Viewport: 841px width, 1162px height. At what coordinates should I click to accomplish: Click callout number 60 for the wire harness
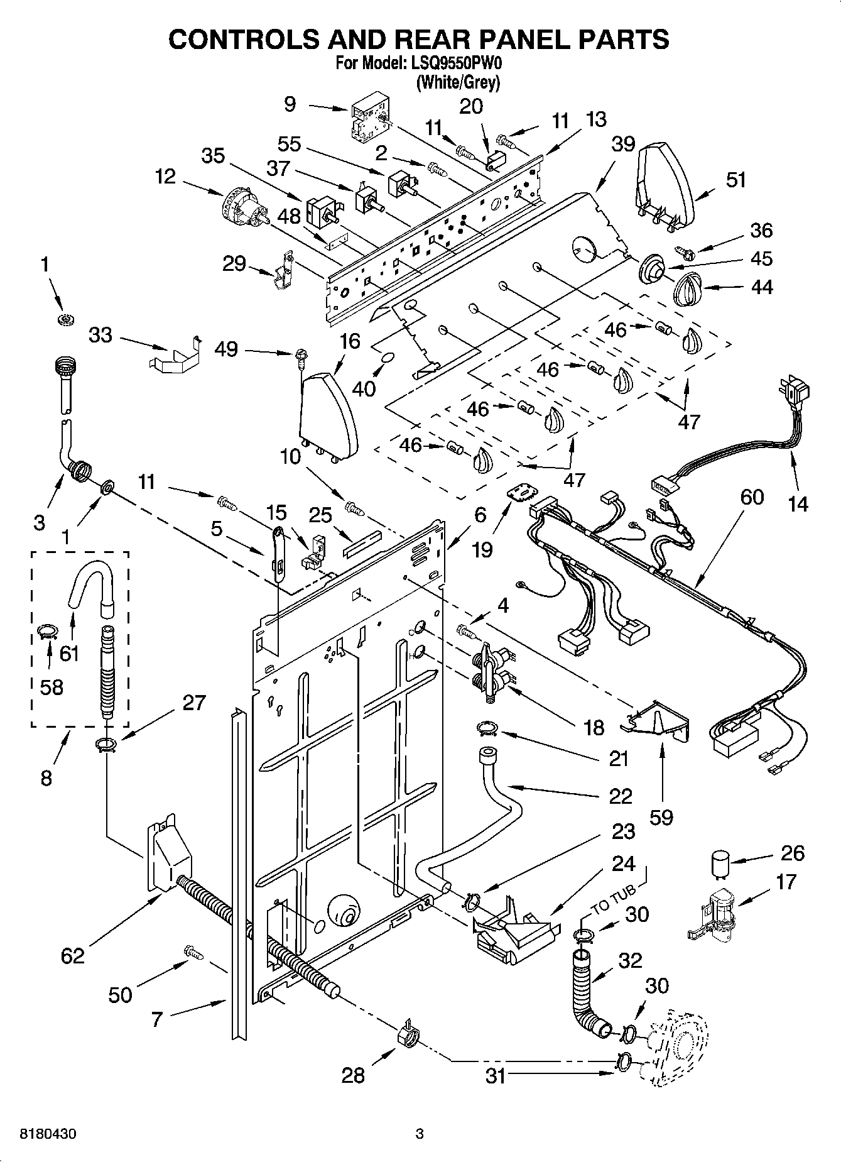point(751,497)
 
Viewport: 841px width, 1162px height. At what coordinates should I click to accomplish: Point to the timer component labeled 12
point(244,206)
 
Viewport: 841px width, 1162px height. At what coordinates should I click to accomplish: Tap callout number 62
point(72,956)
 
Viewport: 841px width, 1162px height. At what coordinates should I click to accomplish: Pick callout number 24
point(623,864)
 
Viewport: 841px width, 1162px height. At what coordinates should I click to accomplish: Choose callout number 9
point(290,103)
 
